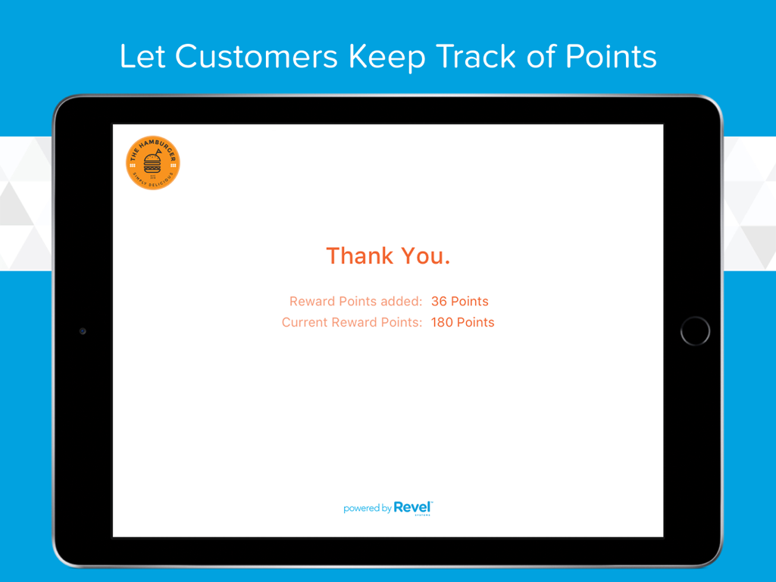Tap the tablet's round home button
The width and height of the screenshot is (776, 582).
click(695, 331)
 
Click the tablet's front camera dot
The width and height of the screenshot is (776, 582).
click(83, 331)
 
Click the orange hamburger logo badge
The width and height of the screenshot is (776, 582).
click(153, 163)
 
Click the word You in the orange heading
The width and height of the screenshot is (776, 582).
click(426, 256)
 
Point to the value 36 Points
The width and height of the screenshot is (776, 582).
click(460, 302)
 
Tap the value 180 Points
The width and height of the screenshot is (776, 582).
click(462, 323)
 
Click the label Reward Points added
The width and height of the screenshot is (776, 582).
click(355, 302)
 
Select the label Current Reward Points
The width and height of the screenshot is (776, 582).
click(352, 323)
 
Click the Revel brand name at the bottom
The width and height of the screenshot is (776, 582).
click(413, 508)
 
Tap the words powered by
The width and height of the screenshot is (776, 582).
click(367, 508)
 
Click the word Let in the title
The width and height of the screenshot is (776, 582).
click(142, 58)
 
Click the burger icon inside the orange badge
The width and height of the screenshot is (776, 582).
click(153, 163)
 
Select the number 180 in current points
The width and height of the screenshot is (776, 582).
click(442, 323)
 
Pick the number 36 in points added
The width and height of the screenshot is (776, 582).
click(439, 302)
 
